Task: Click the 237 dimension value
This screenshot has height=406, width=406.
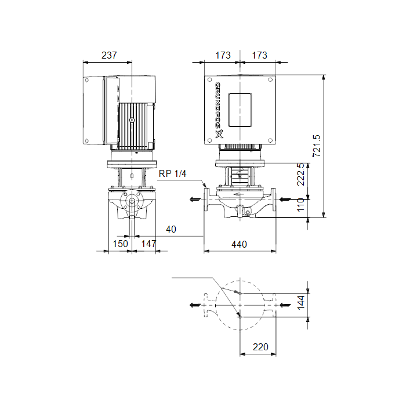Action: [x=109, y=55]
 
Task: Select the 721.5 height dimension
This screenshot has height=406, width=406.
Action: [x=317, y=146]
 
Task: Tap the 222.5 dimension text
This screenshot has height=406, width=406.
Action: [x=300, y=174]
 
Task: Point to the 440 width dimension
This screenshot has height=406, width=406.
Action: [x=239, y=244]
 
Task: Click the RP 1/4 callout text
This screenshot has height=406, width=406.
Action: [x=172, y=173]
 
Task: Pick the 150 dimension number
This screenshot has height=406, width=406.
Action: [x=121, y=244]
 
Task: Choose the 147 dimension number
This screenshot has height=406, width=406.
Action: [x=148, y=244]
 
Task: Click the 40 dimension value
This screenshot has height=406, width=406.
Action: [x=171, y=229]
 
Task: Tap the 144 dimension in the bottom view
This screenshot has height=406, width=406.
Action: [x=300, y=303]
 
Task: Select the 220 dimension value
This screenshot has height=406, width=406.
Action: [x=260, y=347]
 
